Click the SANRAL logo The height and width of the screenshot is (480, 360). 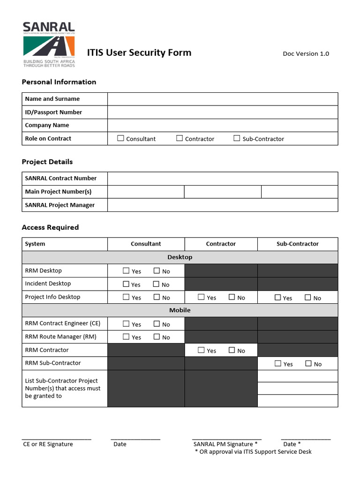49,45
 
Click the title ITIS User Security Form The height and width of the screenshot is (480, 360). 139,52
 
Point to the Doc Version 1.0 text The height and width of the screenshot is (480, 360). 306,53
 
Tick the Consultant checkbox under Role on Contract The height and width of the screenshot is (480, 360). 121,138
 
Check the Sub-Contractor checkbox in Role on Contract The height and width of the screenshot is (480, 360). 237,138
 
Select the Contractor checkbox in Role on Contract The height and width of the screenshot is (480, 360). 180,138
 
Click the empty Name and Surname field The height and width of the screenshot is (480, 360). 222,99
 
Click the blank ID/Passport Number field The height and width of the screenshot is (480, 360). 222,112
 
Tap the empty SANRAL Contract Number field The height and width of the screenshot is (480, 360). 222,179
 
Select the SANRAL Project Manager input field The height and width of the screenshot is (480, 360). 222,205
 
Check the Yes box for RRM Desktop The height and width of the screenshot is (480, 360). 126,270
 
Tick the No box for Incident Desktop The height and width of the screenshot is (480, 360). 156,284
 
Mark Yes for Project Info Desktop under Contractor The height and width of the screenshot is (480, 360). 201,297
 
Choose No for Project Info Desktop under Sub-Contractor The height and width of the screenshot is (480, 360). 308,297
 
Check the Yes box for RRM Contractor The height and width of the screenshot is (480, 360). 201,350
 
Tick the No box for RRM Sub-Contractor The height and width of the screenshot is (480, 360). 308,363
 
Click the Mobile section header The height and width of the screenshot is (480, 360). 180,310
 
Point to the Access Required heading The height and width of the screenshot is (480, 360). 50,227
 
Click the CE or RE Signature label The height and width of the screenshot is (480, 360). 48,444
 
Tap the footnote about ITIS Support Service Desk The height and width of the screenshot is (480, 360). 253,451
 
